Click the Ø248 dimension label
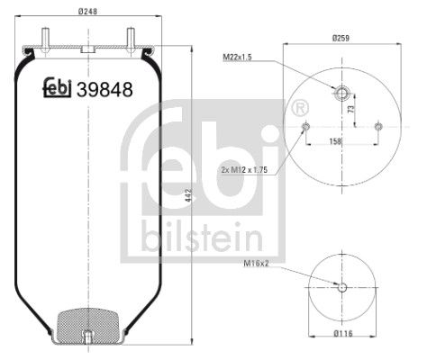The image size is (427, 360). click(87, 11)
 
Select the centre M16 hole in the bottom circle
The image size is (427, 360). click(341, 287)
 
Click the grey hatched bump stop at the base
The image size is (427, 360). click(86, 321)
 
